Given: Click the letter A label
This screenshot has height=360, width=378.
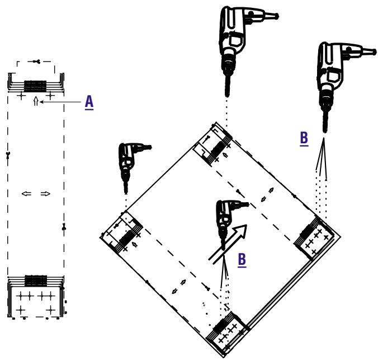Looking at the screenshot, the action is tap(89, 102).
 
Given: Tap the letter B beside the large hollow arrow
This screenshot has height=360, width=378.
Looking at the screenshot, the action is tap(242, 260).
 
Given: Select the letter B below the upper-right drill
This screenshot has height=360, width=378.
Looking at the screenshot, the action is tap(304, 139).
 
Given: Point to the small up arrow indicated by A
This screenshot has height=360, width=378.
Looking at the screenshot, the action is tap(36, 101).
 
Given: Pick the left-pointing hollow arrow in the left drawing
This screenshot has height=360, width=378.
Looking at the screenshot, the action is tap(26, 194).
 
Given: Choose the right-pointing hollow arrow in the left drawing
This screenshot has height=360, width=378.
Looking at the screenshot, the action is tap(45, 194).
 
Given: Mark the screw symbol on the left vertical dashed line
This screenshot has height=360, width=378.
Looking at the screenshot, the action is tap(8, 156).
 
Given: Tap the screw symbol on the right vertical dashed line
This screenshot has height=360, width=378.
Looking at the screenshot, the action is tap(64, 227).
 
